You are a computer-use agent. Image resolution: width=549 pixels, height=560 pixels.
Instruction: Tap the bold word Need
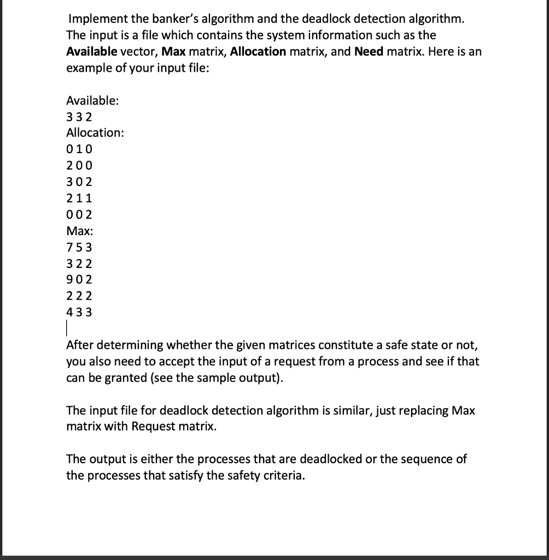point(369,52)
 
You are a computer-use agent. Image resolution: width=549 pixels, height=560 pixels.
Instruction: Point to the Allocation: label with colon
point(95,132)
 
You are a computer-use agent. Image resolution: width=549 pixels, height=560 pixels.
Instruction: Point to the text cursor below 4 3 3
point(67,329)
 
